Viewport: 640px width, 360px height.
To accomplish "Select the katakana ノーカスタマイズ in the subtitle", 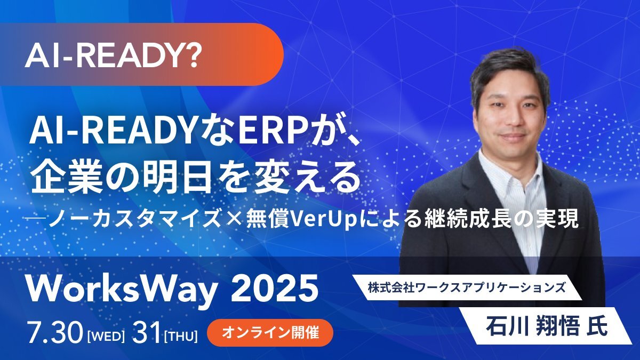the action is [135, 219].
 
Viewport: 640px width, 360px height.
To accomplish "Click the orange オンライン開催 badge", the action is [270, 333].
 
